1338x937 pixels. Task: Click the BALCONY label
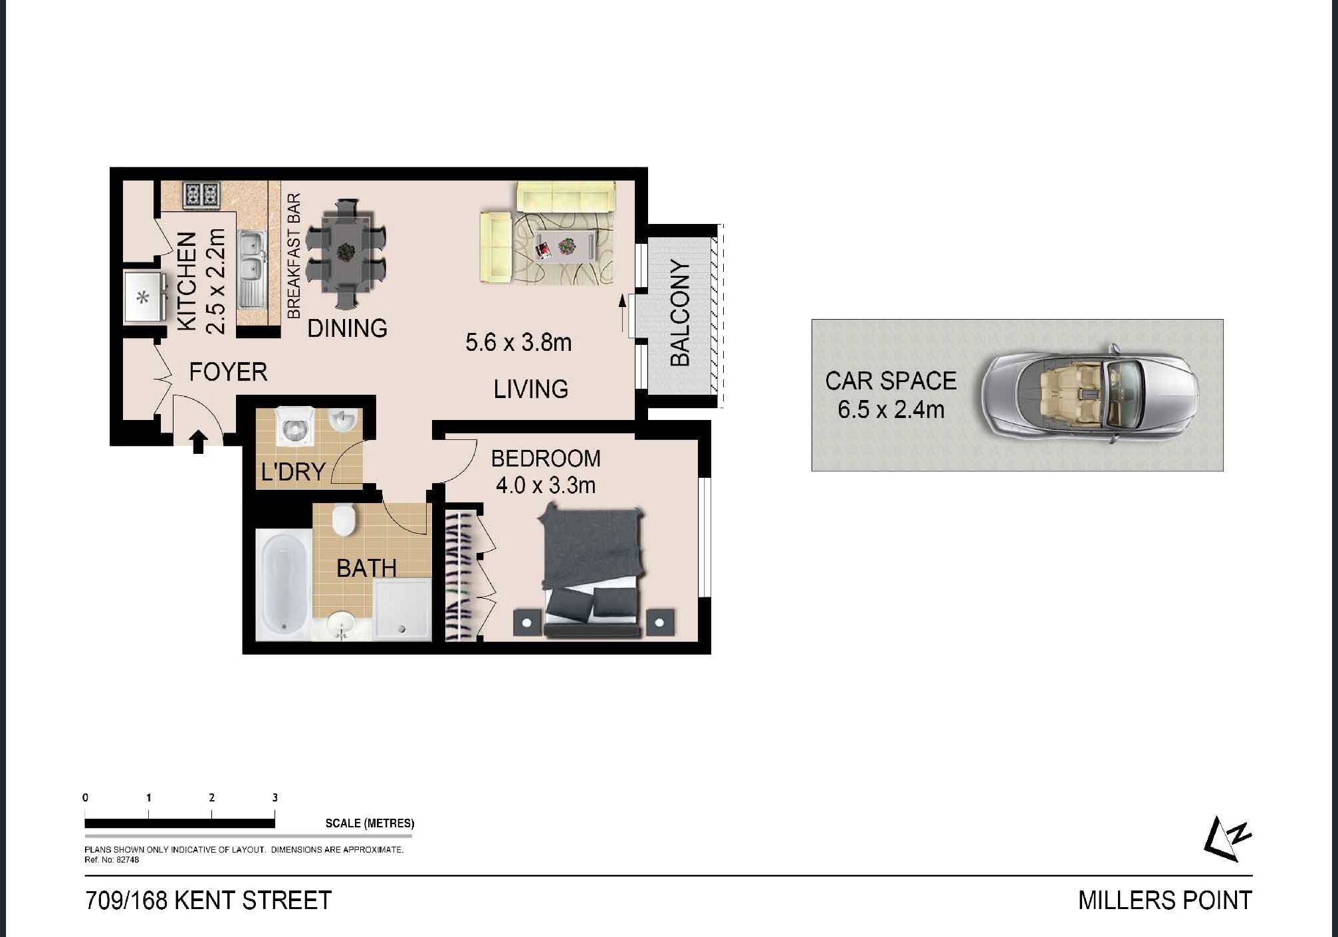click(x=681, y=314)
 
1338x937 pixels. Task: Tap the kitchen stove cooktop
click(x=201, y=195)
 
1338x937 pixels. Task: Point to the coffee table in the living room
click(x=564, y=245)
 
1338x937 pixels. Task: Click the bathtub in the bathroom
click(x=284, y=585)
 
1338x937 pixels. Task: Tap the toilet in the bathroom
click(x=344, y=520)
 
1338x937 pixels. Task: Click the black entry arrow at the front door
click(x=198, y=442)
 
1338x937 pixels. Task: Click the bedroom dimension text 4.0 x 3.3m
click(x=546, y=486)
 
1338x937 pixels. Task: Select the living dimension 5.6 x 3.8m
click(x=518, y=343)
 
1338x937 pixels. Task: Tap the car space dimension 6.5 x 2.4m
click(x=891, y=409)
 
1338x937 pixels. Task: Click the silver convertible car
click(x=1090, y=395)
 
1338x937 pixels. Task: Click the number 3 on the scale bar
click(x=275, y=797)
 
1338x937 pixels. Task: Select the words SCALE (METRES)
click(x=370, y=823)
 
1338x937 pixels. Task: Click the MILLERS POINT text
click(x=1165, y=901)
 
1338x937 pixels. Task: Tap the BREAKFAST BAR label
click(x=293, y=256)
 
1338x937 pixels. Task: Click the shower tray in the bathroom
click(x=401, y=609)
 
